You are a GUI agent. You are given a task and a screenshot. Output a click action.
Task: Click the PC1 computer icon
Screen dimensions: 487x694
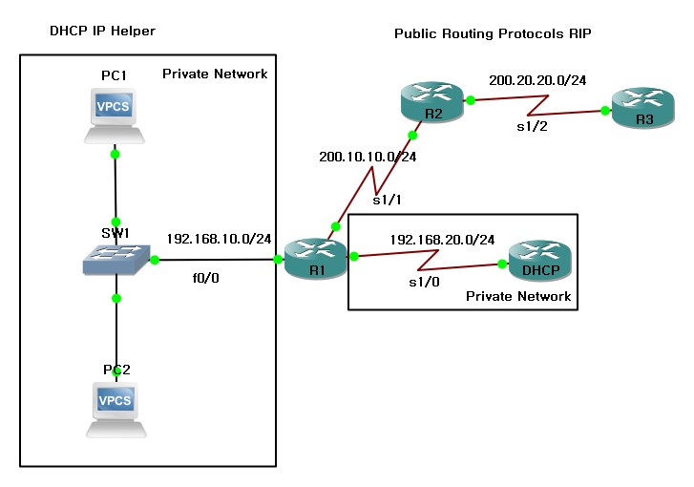coord(115,113)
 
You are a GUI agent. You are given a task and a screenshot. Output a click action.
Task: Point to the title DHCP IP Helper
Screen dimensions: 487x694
coord(102,32)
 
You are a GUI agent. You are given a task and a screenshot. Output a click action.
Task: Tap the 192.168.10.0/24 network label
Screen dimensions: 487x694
coord(220,239)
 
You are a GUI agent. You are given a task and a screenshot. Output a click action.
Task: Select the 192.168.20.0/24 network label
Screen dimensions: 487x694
coord(442,239)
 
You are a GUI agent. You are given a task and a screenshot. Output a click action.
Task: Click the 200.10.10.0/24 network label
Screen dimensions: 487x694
coord(368,157)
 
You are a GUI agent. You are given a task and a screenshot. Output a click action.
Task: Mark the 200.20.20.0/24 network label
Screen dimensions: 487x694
coord(536,81)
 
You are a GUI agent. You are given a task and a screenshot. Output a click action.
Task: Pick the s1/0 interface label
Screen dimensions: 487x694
coord(424,283)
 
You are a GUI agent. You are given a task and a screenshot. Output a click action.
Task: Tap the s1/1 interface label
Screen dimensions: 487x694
coord(387,201)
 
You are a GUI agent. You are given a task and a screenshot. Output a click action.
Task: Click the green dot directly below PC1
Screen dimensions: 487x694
coord(115,154)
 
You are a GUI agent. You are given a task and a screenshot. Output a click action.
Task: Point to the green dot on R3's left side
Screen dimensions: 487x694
coord(605,111)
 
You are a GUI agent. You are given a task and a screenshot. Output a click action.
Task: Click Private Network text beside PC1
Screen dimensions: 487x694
coord(215,74)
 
